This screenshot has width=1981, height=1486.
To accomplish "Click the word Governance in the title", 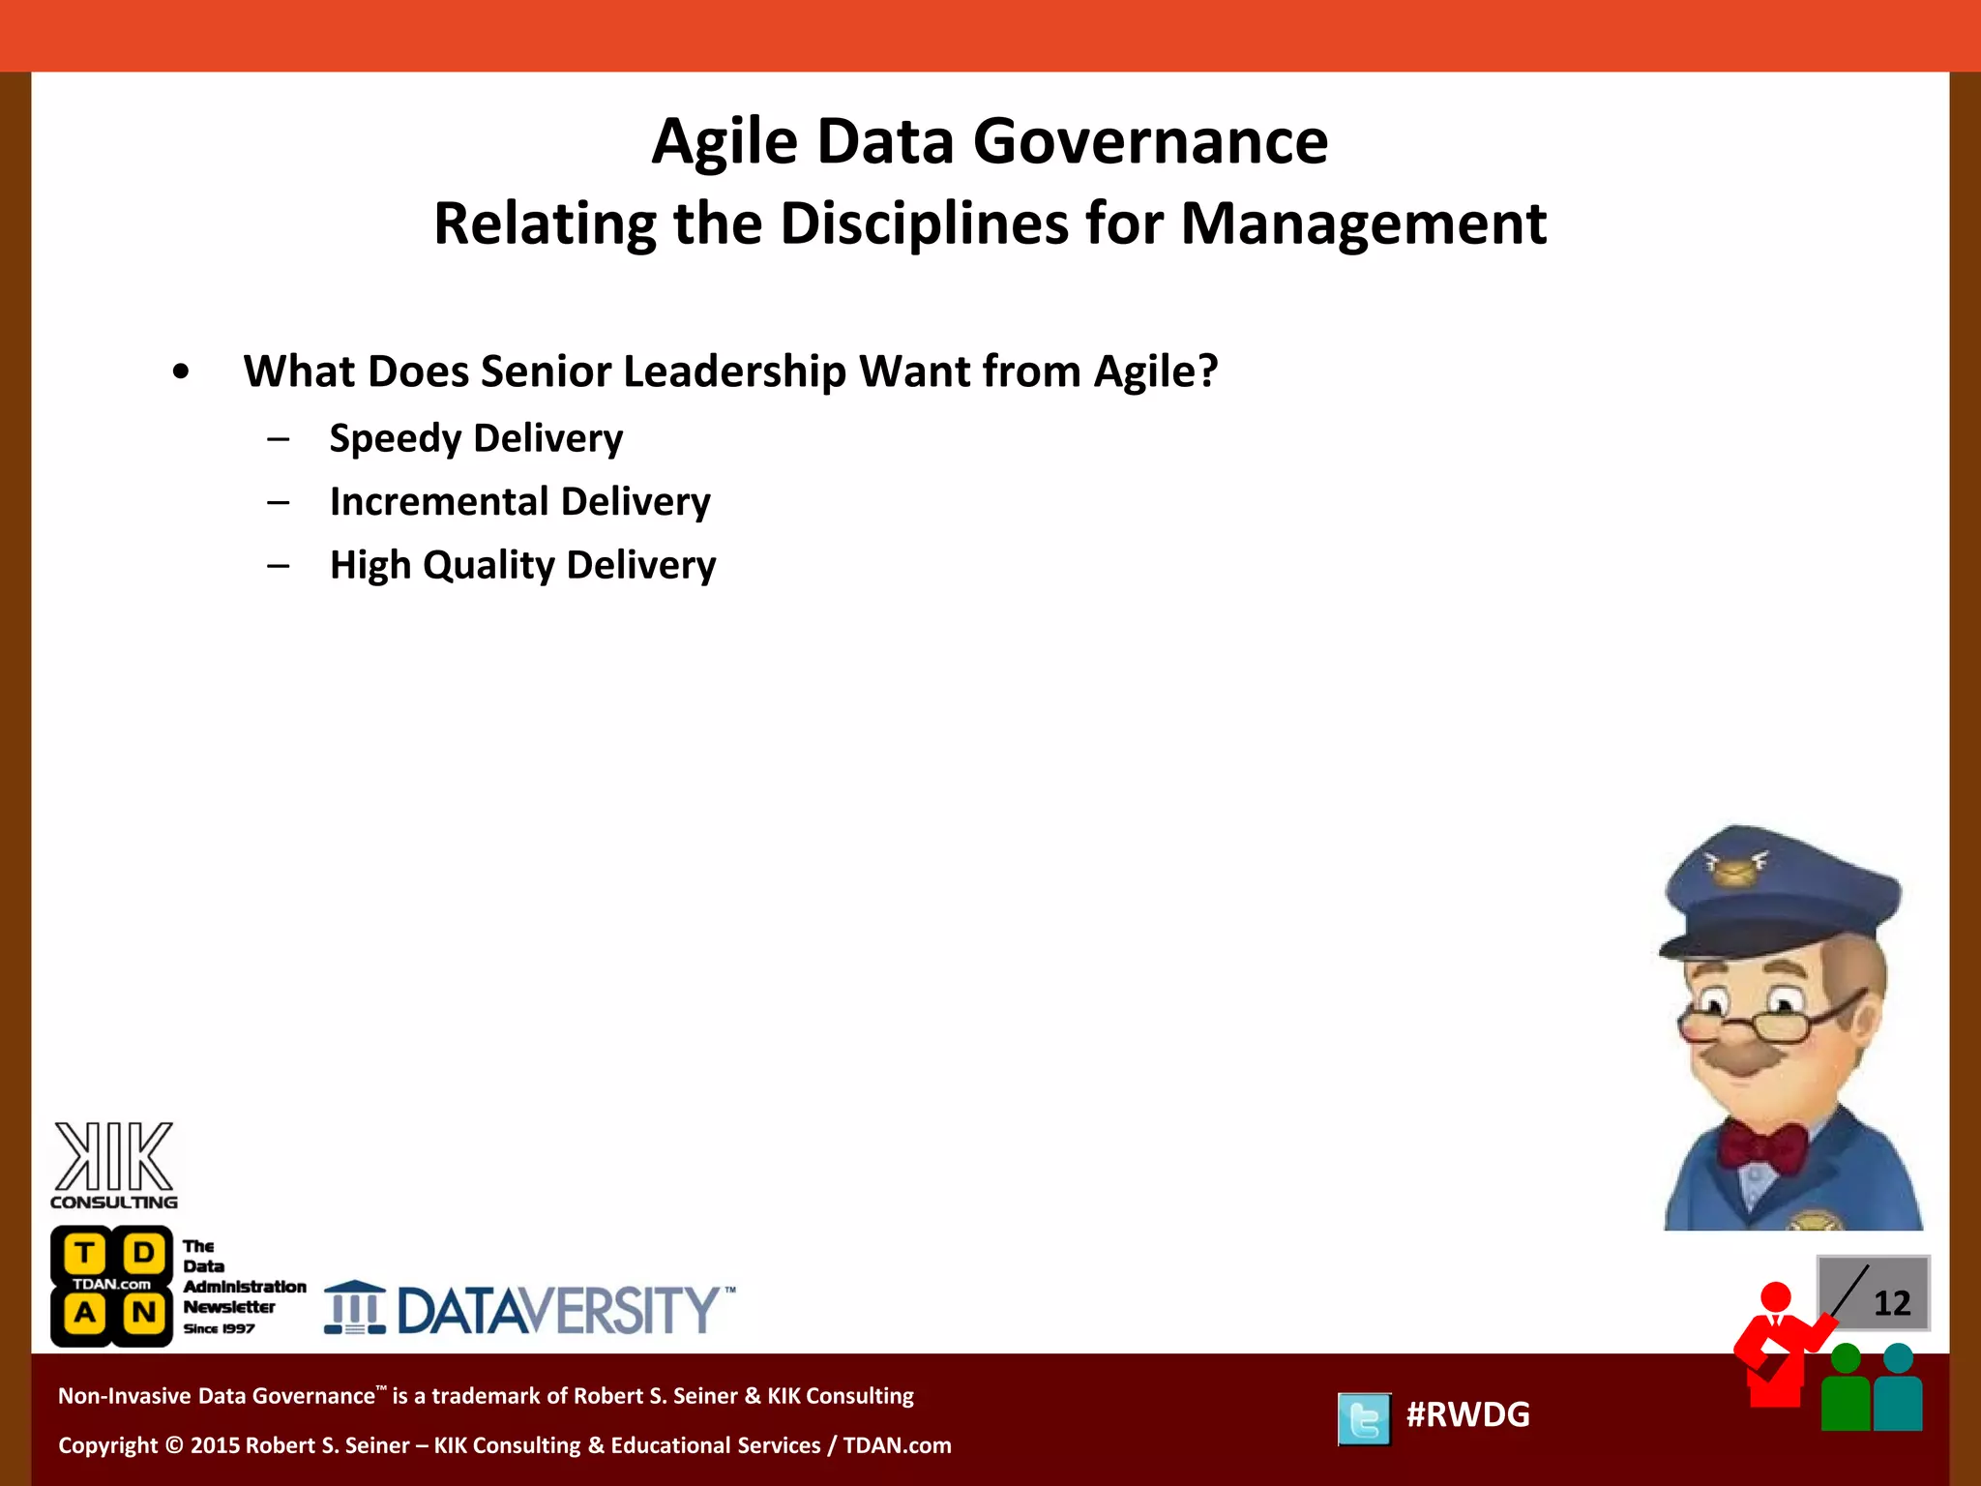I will (1149, 142).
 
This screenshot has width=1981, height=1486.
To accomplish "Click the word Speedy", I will (396, 439).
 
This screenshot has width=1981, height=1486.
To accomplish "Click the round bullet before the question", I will (181, 372).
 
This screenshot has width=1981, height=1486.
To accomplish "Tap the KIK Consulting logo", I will (114, 1165).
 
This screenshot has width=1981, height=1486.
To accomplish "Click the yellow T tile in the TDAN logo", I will (85, 1254).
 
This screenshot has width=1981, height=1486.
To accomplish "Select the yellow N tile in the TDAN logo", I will (144, 1314).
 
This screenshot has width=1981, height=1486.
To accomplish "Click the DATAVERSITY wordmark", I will (559, 1311).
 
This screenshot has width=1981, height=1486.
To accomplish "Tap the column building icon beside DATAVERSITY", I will (354, 1308).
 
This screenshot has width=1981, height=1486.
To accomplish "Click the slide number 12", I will (1891, 1303).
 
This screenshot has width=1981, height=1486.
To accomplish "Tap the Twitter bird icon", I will (1364, 1418).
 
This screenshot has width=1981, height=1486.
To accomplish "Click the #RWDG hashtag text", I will (1467, 1414).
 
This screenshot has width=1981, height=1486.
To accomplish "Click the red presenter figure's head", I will (1775, 1296).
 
